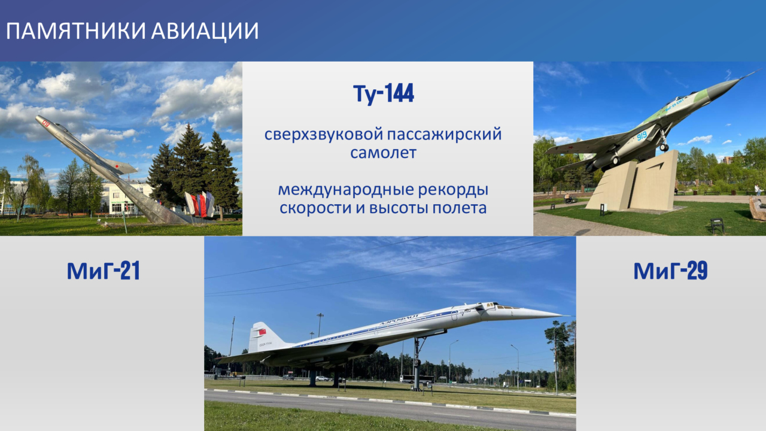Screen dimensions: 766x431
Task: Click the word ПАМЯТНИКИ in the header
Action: pyautogui.click(x=75, y=31)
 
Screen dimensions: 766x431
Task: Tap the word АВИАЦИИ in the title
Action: pyautogui.click(x=205, y=32)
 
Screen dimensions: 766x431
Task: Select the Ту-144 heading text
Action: pyautogui.click(x=384, y=93)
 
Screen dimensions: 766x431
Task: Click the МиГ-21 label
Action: pyautogui.click(x=104, y=271)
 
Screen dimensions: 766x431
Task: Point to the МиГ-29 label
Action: pyautogui.click(x=671, y=271)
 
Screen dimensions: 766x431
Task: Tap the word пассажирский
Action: pyautogui.click(x=444, y=135)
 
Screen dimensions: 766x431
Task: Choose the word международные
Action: pyautogui.click(x=345, y=190)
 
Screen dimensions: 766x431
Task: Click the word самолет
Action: pyautogui.click(x=384, y=153)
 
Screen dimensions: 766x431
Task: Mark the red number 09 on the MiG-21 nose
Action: pyautogui.click(x=46, y=123)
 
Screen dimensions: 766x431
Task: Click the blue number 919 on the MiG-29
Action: pyautogui.click(x=642, y=136)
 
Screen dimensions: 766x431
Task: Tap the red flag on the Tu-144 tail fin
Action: pyautogui.click(x=262, y=332)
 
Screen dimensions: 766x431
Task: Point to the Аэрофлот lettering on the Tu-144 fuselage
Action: pyautogui.click(x=399, y=320)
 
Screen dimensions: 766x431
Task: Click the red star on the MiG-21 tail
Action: pyautogui.click(x=117, y=166)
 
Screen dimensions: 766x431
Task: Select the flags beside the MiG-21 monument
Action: pyautogui.click(x=200, y=204)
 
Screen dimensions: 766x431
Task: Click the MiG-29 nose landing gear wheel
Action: pyautogui.click(x=664, y=147)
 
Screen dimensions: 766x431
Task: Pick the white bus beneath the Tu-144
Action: pyautogui.click(x=417, y=379)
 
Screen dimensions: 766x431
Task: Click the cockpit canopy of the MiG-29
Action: pyautogui.click(x=679, y=99)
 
